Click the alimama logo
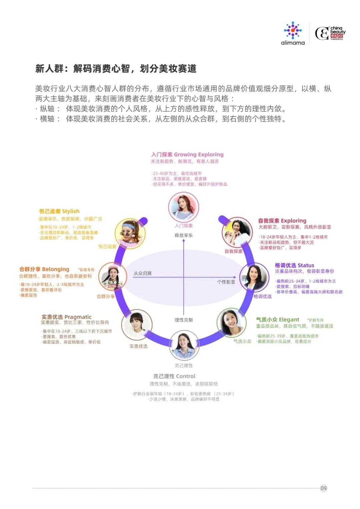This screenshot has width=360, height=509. point(293,33)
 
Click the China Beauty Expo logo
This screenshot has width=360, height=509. point(330,33)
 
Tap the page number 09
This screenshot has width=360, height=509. point(323,488)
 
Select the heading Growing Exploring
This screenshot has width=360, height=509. point(187,154)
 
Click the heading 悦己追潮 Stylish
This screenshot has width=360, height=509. point(59,211)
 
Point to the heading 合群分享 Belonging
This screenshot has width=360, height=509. point(44,269)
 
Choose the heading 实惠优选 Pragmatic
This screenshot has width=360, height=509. point(66,317)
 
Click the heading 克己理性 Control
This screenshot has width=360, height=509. point(174,376)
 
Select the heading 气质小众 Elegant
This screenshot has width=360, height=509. point(277,320)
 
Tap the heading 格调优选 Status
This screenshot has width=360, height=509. point(294,265)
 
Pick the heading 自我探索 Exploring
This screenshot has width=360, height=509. point(282,220)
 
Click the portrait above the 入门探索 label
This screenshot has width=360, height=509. point(184,207)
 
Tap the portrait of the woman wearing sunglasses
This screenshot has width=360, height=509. point(130,233)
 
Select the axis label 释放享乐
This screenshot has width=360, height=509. point(184,235)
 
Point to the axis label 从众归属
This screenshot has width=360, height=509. point(143,273)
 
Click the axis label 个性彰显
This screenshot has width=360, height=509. point(226,282)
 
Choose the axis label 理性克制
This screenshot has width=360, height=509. point(184,320)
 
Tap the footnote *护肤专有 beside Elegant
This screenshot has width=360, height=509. point(315,320)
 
